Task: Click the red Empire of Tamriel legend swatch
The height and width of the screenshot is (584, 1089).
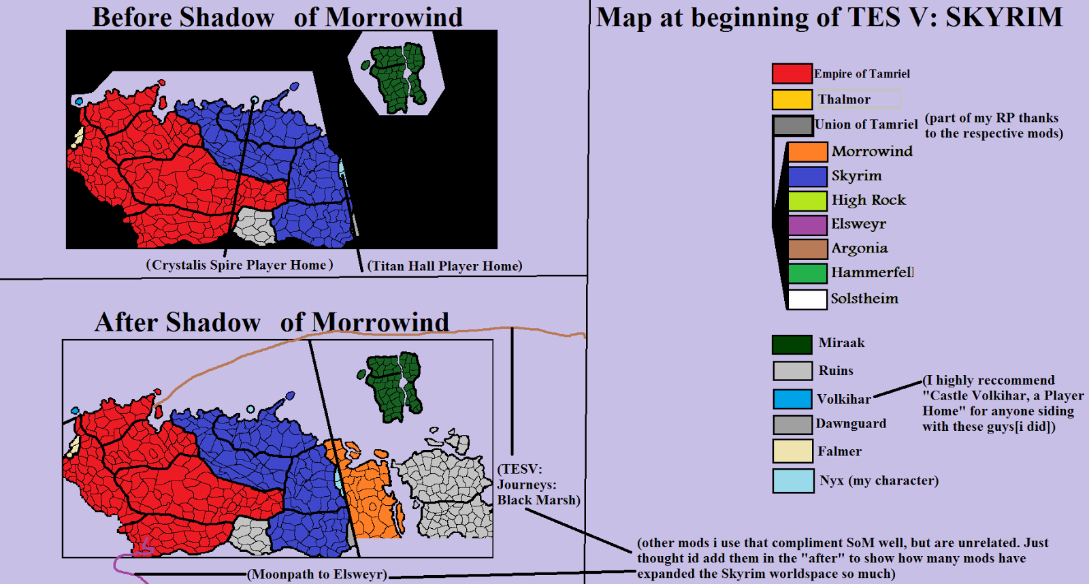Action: click(792, 74)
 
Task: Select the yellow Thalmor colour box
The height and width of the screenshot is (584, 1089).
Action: click(792, 99)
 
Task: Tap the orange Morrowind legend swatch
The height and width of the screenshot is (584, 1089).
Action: click(807, 152)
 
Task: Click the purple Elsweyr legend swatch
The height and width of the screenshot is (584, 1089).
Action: click(807, 225)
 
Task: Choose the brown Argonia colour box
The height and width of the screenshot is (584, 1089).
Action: click(807, 249)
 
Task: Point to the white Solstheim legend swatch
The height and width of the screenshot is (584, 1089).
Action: click(807, 299)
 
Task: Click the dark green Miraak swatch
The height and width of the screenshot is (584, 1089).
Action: click(792, 344)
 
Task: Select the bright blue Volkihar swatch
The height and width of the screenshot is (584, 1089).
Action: click(792, 399)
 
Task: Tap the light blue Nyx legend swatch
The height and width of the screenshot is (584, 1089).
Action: click(793, 481)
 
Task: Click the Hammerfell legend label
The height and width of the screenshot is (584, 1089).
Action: click(872, 273)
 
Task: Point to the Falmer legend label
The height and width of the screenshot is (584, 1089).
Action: click(839, 451)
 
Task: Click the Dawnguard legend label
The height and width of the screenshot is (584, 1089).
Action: click(851, 423)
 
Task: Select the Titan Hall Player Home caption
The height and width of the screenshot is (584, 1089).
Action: click(444, 266)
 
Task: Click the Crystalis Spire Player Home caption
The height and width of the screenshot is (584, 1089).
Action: click(240, 265)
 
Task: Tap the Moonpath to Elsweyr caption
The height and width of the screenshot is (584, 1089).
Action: click(317, 574)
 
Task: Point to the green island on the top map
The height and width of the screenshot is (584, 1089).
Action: click(397, 76)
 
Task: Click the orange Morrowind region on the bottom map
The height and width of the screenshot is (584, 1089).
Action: click(368, 497)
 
